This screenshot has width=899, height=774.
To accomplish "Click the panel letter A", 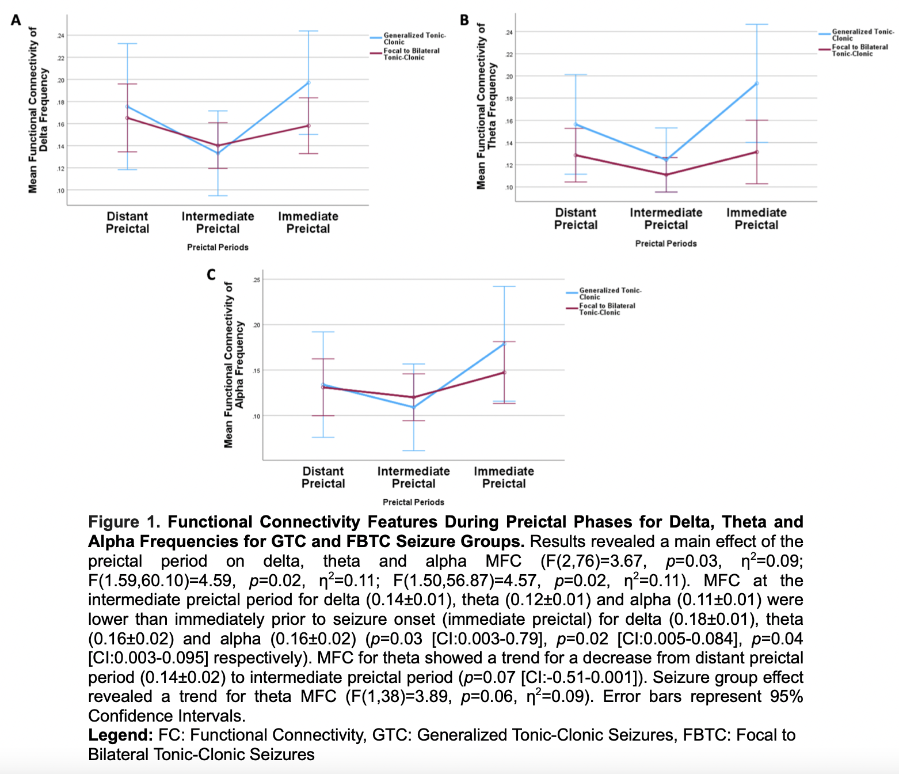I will [x=16, y=21].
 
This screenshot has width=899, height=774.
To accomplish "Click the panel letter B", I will [x=464, y=21].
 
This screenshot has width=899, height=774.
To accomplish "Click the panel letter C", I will [x=211, y=275].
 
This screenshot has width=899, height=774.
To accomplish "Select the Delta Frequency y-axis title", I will [x=38, y=110].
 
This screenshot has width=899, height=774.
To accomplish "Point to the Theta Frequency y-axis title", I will [x=486, y=106].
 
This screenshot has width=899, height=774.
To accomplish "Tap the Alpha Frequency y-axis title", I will [x=234, y=365].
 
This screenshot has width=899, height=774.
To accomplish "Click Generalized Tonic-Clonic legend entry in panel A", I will [x=414, y=39].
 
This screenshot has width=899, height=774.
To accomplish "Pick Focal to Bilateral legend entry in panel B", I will [x=859, y=50].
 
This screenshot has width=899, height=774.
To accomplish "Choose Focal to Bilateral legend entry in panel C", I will [x=607, y=309].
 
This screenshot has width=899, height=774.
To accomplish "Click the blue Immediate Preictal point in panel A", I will [x=308, y=82].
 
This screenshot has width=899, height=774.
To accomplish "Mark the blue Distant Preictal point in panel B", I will [x=576, y=124].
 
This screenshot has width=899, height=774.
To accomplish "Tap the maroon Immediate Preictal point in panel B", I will [x=757, y=152].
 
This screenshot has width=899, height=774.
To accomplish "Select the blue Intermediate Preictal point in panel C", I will [x=413, y=407].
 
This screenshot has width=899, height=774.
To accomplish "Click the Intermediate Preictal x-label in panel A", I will [x=218, y=222].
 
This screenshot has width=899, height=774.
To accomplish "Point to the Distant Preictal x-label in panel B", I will [x=576, y=219].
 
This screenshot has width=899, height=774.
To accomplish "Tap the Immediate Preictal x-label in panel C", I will [x=504, y=477].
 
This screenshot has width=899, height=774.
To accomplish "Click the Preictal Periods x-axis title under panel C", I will [x=413, y=502].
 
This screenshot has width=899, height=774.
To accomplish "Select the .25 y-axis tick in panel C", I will [x=256, y=280].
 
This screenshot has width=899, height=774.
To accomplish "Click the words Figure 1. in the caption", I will [x=124, y=522].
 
